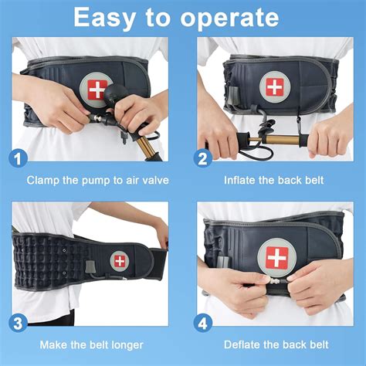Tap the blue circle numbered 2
[204, 159]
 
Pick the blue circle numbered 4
[204, 321]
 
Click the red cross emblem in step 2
[274, 86]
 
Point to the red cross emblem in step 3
[120, 260]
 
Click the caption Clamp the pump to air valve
[98, 181]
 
